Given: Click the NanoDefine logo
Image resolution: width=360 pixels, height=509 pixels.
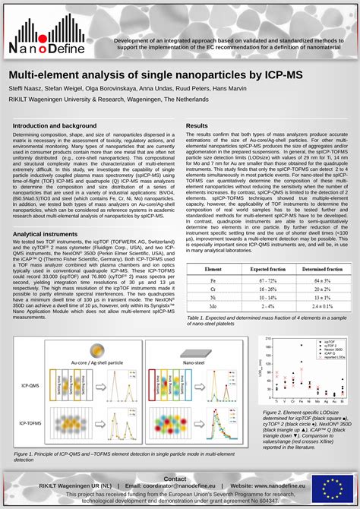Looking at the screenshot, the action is coord(47,35).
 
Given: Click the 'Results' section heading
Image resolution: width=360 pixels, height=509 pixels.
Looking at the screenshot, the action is coord(197,125).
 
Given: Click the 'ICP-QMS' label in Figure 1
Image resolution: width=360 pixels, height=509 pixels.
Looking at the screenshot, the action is coord(31,386).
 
